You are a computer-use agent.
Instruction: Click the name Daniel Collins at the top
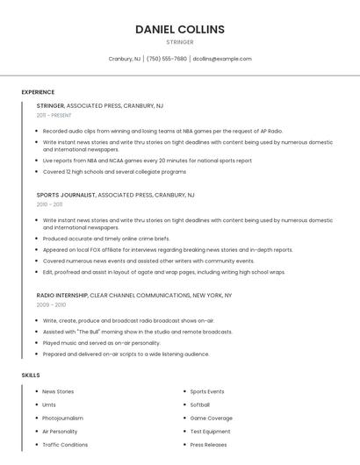tap(180, 29)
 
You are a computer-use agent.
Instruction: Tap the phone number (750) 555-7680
tap(167, 59)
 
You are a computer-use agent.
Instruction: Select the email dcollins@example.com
tap(222, 59)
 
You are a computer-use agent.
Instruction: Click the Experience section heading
tap(38, 92)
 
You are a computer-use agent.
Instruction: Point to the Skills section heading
tap(31, 375)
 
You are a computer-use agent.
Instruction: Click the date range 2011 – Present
tap(54, 115)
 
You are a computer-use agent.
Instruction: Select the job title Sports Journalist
tap(66, 195)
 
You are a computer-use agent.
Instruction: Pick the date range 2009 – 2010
tap(51, 304)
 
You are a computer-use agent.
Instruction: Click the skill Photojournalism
tap(62, 418)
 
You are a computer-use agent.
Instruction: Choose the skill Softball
tap(200, 405)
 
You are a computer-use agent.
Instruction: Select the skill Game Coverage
tap(211, 418)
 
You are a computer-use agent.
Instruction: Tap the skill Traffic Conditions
tap(65, 445)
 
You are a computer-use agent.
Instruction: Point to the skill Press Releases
tap(208, 445)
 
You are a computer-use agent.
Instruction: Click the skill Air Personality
tap(60, 432)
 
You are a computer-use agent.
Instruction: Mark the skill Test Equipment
tap(210, 432)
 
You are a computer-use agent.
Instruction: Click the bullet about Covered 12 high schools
tap(114, 172)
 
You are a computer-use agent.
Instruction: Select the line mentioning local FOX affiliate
tap(167, 250)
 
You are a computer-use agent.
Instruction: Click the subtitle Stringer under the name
tap(180, 42)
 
